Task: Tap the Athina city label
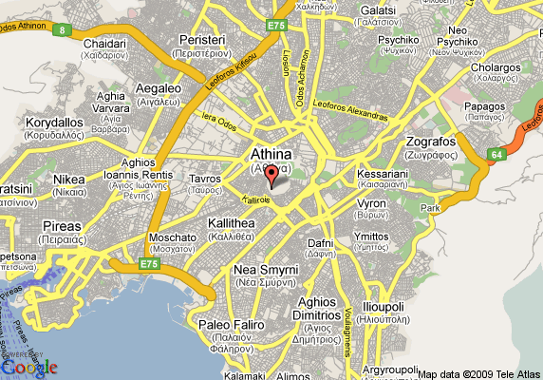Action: pyautogui.click(x=271, y=153)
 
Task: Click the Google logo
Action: pyautogui.click(x=29, y=367)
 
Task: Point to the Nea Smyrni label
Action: pyautogui.click(x=266, y=270)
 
